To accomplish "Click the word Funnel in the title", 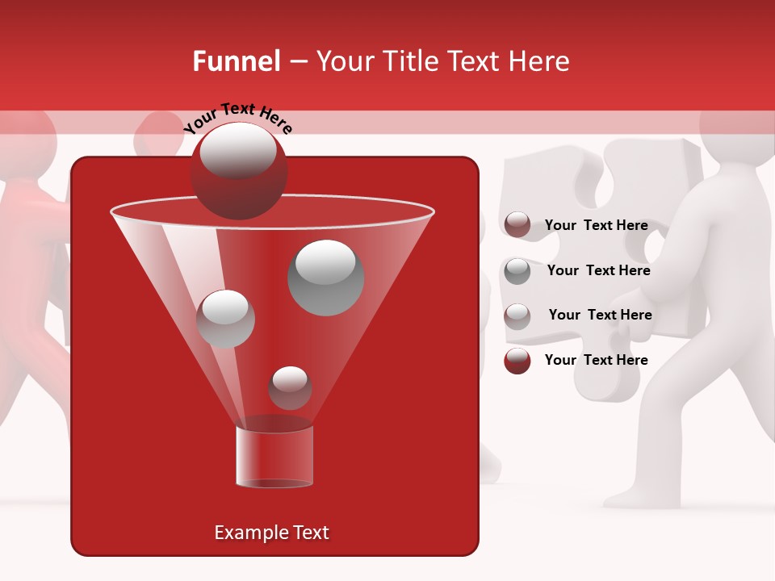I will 236,61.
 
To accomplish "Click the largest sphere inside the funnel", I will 326,278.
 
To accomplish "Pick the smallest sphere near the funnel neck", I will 290,387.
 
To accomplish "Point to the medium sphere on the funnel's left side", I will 225,319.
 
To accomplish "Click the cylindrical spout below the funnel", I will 274,456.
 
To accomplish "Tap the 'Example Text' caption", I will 271,533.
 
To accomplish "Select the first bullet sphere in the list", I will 517,225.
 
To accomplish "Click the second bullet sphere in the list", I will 517,270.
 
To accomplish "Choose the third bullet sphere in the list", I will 517,316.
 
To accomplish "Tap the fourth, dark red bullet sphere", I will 517,361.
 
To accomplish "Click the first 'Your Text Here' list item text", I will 596,226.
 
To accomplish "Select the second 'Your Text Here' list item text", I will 598,271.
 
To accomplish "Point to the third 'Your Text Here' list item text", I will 600,315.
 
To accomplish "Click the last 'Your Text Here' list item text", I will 596,360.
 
